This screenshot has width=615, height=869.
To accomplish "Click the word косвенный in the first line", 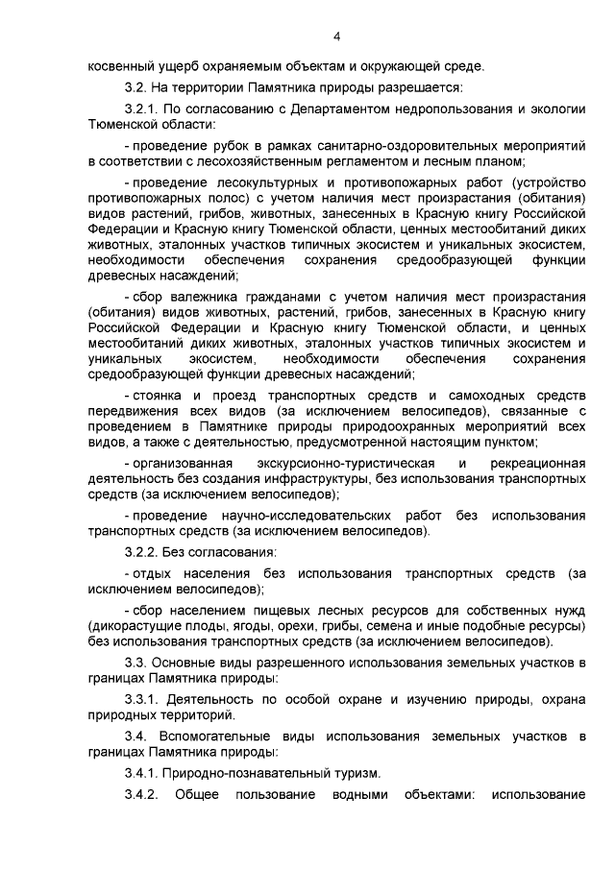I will (121, 66).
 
